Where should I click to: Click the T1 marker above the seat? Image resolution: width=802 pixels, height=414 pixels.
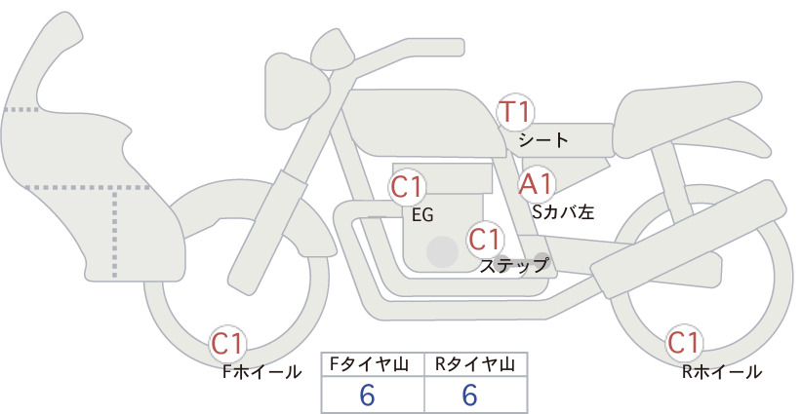pyautogui.click(x=515, y=112)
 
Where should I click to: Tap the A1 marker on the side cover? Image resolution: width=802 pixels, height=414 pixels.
pyautogui.click(x=537, y=185)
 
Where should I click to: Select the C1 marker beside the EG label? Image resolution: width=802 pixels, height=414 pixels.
pyautogui.click(x=407, y=187)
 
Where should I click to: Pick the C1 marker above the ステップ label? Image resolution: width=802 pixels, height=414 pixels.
pyautogui.click(x=485, y=239)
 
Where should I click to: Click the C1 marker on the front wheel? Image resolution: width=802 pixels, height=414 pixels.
pyautogui.click(x=227, y=344)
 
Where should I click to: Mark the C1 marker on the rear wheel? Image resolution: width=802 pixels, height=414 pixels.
pyautogui.click(x=684, y=343)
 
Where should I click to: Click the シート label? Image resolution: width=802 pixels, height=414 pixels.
pyautogui.click(x=543, y=140)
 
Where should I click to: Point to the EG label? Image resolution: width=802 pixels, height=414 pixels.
pyautogui.click(x=422, y=215)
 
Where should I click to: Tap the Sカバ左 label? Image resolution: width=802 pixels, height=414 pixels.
pyautogui.click(x=563, y=211)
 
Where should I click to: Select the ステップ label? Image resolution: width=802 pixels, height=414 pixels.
pyautogui.click(x=513, y=266)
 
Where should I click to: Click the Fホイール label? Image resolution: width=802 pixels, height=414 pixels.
pyautogui.click(x=261, y=372)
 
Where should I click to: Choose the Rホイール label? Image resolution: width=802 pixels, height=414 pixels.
pyautogui.click(x=722, y=372)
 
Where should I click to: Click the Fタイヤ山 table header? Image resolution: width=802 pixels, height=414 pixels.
pyautogui.click(x=369, y=364)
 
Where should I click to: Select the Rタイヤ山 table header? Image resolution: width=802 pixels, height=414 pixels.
pyautogui.click(x=475, y=364)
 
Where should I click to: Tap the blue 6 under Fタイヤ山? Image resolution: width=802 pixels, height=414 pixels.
pyautogui.click(x=367, y=395)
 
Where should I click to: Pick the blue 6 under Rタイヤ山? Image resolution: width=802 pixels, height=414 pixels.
pyautogui.click(x=469, y=395)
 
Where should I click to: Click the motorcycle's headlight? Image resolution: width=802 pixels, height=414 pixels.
pyautogui.click(x=296, y=91)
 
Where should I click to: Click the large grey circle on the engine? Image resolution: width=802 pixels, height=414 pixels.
pyautogui.click(x=442, y=251)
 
